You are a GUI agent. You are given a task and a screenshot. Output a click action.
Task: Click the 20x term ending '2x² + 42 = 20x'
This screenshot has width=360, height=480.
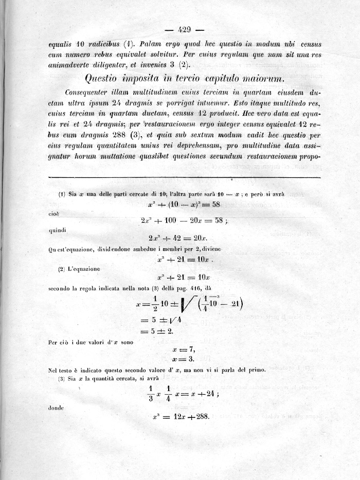coord(200,238)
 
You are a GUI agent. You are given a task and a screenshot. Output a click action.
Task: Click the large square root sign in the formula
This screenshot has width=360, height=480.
coord(183,310)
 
